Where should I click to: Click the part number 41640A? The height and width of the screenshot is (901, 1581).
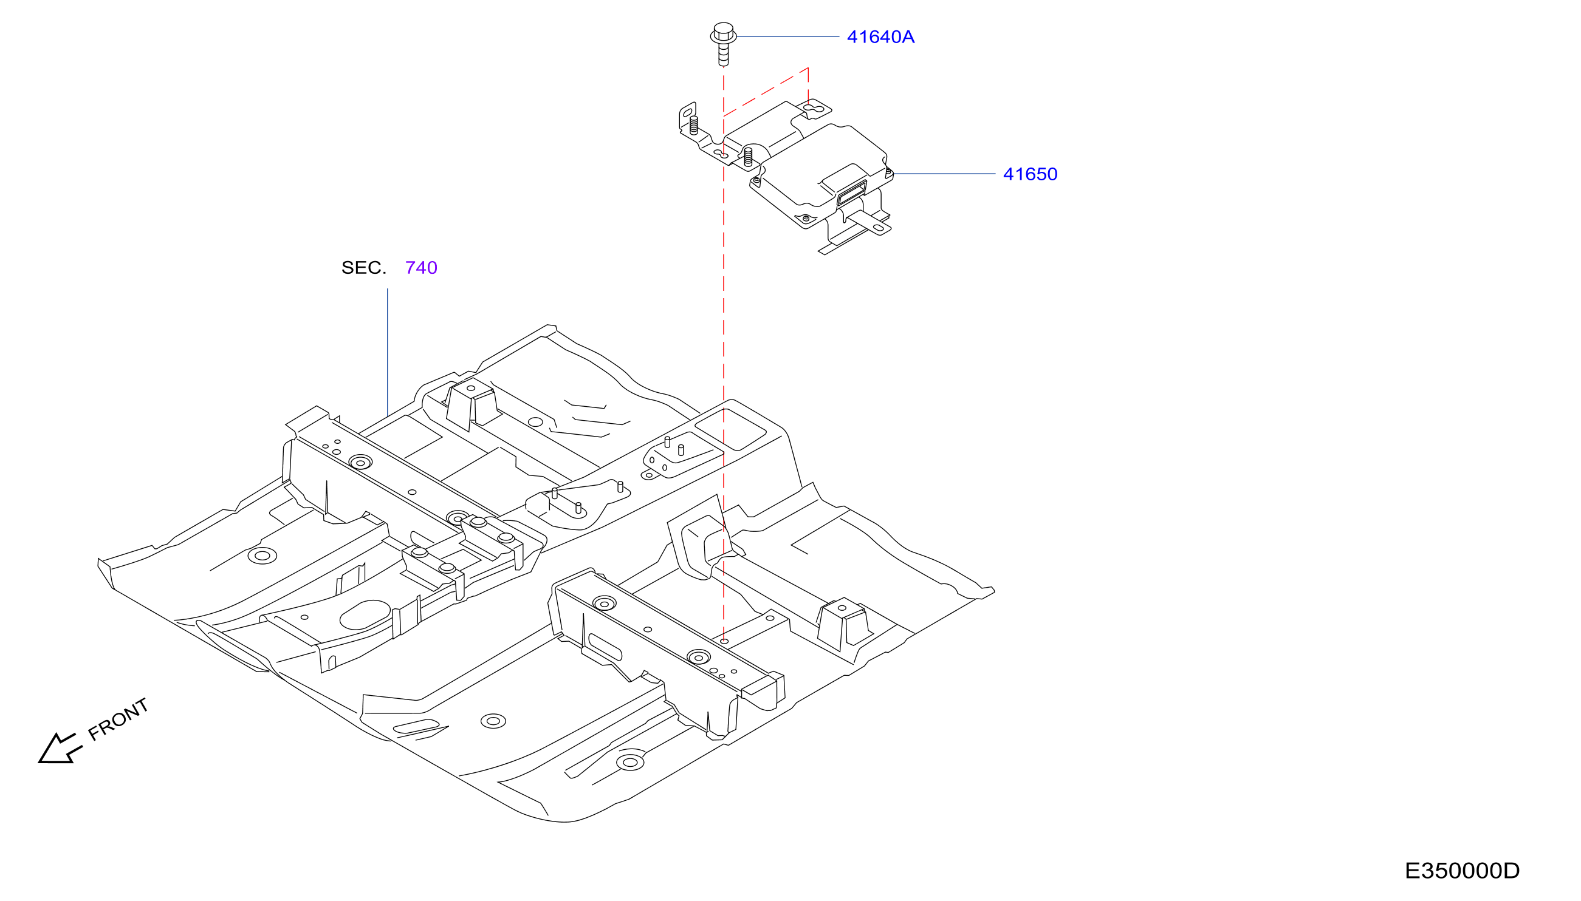click(880, 37)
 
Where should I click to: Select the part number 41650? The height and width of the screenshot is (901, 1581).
click(1030, 174)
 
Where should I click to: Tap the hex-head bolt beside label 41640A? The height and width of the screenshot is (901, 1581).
click(722, 44)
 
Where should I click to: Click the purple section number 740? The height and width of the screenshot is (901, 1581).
click(421, 267)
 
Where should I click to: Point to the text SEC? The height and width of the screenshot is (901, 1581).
click(363, 267)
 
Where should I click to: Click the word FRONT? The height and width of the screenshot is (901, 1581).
click(118, 719)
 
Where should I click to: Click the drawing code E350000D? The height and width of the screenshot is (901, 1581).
click(1461, 871)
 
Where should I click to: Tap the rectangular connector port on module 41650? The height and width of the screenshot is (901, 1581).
click(851, 193)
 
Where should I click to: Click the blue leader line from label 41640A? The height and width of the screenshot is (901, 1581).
click(787, 37)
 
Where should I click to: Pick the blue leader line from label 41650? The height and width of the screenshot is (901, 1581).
click(944, 174)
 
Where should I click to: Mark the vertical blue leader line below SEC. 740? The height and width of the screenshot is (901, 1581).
click(388, 352)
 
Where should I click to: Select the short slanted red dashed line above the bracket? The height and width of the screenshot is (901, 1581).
click(766, 92)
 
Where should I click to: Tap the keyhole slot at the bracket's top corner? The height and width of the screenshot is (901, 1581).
click(817, 109)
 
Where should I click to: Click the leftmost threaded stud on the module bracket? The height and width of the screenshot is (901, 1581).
click(693, 126)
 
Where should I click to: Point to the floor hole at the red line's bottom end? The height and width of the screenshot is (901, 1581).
click(724, 641)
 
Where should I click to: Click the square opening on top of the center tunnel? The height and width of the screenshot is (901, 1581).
click(731, 429)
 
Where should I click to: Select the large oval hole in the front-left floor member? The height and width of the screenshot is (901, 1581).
click(365, 614)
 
